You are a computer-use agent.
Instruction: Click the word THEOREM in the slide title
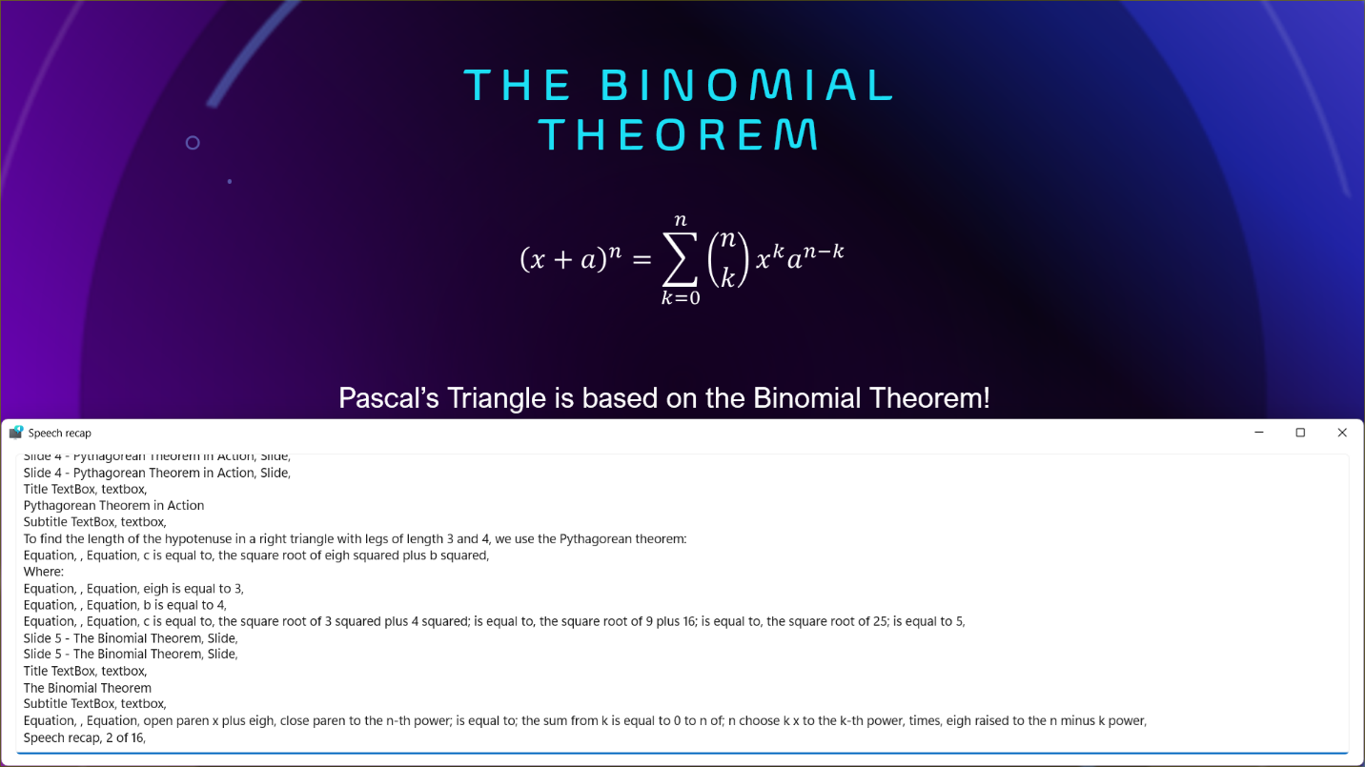(679, 134)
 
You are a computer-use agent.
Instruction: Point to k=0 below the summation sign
(681, 298)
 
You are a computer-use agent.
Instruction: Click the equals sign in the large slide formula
(642, 260)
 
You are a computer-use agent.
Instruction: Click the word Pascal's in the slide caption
(388, 398)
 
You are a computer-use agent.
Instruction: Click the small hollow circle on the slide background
(193, 143)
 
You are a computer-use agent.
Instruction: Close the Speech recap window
(1342, 433)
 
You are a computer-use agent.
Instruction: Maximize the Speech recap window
(1300, 433)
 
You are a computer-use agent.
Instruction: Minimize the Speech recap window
(1259, 433)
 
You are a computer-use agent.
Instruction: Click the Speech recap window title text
(60, 434)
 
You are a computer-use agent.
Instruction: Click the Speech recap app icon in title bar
(16, 433)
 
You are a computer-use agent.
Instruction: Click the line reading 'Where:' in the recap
(43, 572)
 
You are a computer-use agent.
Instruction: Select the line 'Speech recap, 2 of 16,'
(85, 737)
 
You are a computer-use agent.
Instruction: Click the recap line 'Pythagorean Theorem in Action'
(114, 506)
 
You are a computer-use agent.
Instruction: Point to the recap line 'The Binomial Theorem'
(87, 688)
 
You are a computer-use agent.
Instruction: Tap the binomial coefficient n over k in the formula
(728, 259)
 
